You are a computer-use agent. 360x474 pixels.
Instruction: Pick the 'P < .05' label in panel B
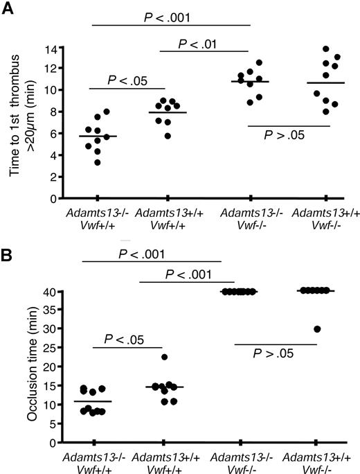(x=126, y=340)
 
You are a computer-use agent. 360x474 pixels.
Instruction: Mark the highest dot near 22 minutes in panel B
(x=164, y=358)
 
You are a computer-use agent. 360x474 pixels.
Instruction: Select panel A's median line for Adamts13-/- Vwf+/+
(x=98, y=136)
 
